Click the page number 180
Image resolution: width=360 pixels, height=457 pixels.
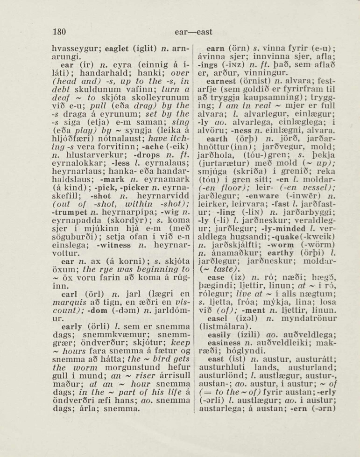point(59,32)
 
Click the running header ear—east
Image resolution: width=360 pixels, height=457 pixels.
point(193,32)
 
